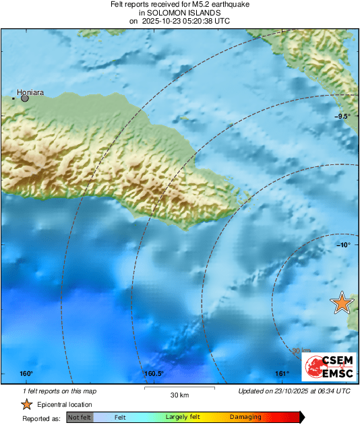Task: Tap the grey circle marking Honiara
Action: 25,98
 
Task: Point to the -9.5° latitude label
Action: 343,117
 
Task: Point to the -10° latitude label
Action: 344,244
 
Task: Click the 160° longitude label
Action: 26,374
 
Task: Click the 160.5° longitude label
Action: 154,374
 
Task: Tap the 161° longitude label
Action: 282,374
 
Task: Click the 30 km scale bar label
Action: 179,395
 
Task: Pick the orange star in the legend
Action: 26,404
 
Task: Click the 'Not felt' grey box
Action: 80,418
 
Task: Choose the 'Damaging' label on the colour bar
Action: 245,418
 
